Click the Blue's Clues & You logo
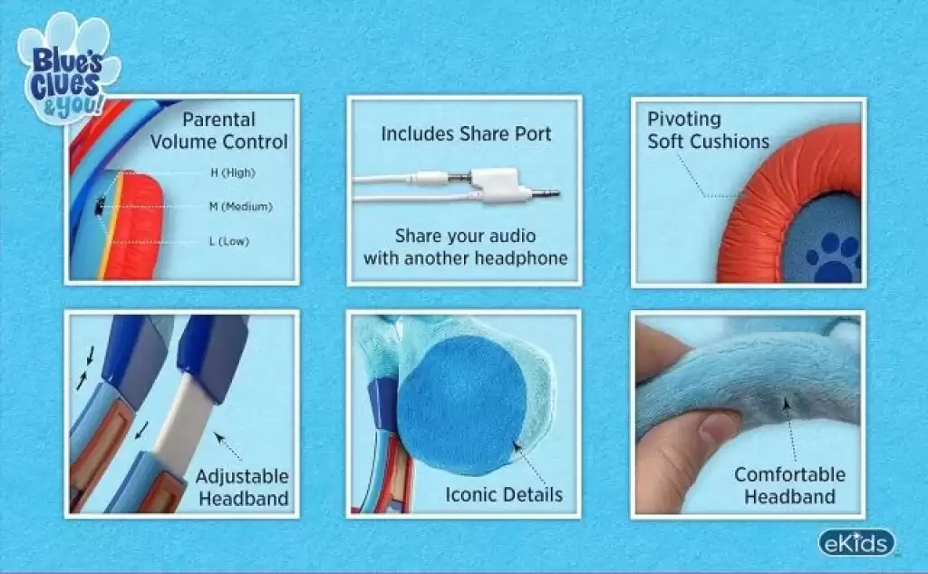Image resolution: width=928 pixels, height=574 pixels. [67, 68]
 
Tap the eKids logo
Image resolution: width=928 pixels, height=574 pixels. [856, 543]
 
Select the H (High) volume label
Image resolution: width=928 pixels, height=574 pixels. [233, 172]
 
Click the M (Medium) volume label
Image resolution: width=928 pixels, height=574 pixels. [241, 207]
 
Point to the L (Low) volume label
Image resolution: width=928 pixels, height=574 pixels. [229, 241]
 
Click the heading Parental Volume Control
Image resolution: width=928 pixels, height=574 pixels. [219, 131]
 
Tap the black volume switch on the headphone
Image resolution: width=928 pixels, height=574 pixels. [100, 205]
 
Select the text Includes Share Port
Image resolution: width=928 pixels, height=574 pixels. [467, 134]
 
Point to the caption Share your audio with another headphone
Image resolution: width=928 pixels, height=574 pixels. [466, 247]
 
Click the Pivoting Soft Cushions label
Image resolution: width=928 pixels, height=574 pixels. [708, 131]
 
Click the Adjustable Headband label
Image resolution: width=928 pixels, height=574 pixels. [243, 488]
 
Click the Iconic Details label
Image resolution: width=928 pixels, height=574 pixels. [504, 494]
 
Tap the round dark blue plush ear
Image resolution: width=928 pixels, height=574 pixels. [461, 404]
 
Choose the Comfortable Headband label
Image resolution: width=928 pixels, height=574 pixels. [790, 485]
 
